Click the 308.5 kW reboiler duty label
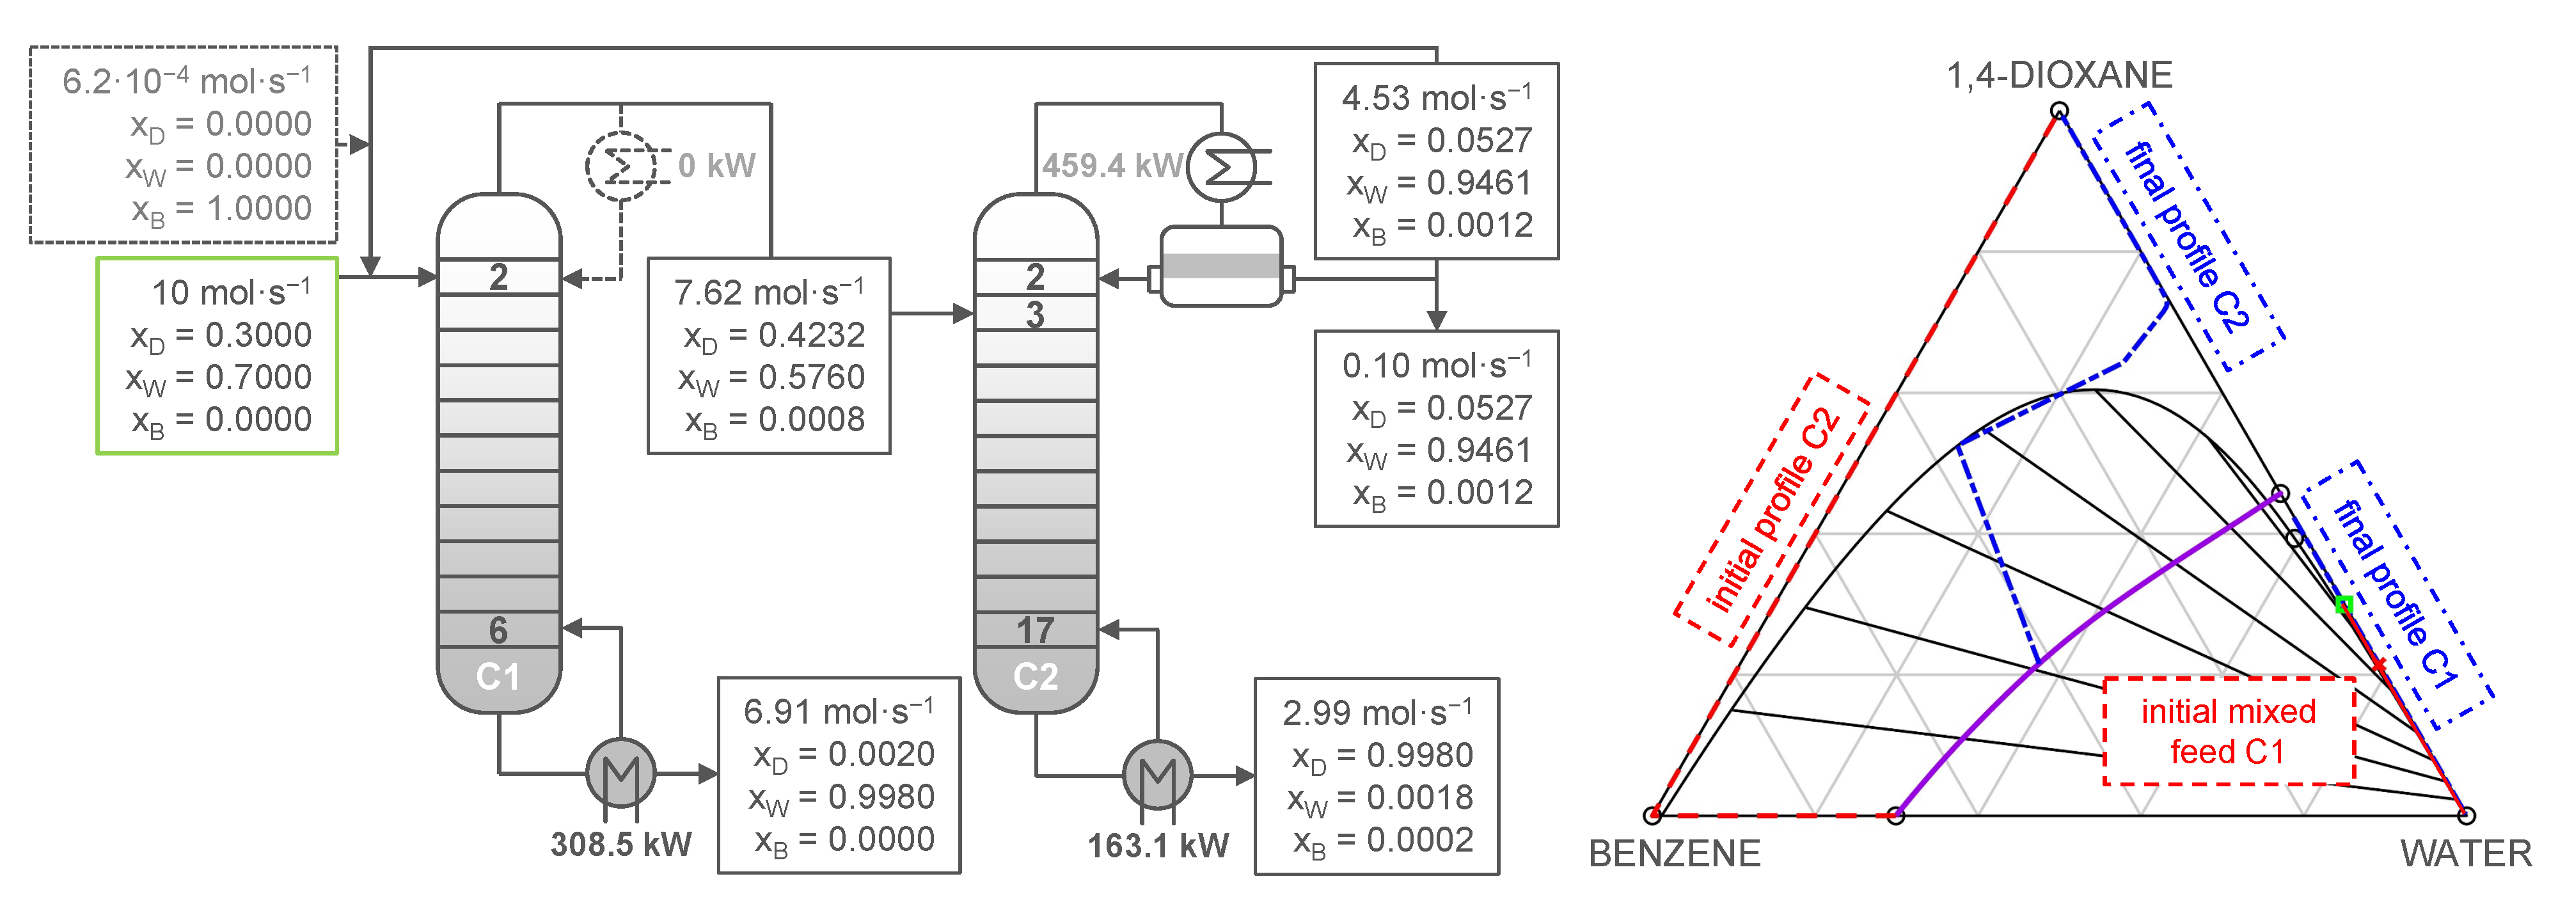pyautogui.click(x=620, y=845)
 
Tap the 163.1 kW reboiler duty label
pyautogui.click(x=1158, y=845)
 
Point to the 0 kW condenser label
pyautogui.click(x=717, y=166)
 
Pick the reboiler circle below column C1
pyautogui.click(x=620, y=773)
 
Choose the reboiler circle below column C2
pyautogui.click(x=1158, y=774)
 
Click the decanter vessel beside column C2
pyautogui.click(x=1221, y=266)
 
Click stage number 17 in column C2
pyautogui.click(x=1035, y=630)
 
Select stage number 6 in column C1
pyautogui.click(x=498, y=630)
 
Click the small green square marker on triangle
pyautogui.click(x=2344, y=604)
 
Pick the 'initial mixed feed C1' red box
pyautogui.click(x=2229, y=731)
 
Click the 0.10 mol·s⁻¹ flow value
pyautogui.click(x=1436, y=365)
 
